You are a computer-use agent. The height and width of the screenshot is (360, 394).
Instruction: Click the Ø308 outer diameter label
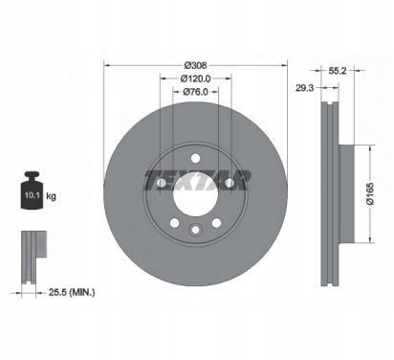pyautogui.click(x=195, y=65)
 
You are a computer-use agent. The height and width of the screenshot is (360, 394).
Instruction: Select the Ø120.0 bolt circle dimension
pyautogui.click(x=195, y=79)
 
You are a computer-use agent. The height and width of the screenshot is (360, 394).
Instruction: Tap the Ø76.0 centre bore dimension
pyautogui.click(x=195, y=92)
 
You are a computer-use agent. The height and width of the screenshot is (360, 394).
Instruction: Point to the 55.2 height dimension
pyautogui.click(x=338, y=71)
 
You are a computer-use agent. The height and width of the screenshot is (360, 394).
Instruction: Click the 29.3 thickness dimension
pyautogui.click(x=304, y=88)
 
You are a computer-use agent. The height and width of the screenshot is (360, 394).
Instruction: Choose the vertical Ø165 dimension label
pyautogui.click(x=369, y=193)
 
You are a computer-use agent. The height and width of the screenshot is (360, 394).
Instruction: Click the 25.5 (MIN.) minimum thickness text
pyautogui.click(x=72, y=292)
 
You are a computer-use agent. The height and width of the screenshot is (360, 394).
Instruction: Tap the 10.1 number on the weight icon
pyautogui.click(x=32, y=195)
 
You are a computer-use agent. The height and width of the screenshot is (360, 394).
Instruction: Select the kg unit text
pyautogui.click(x=51, y=196)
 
